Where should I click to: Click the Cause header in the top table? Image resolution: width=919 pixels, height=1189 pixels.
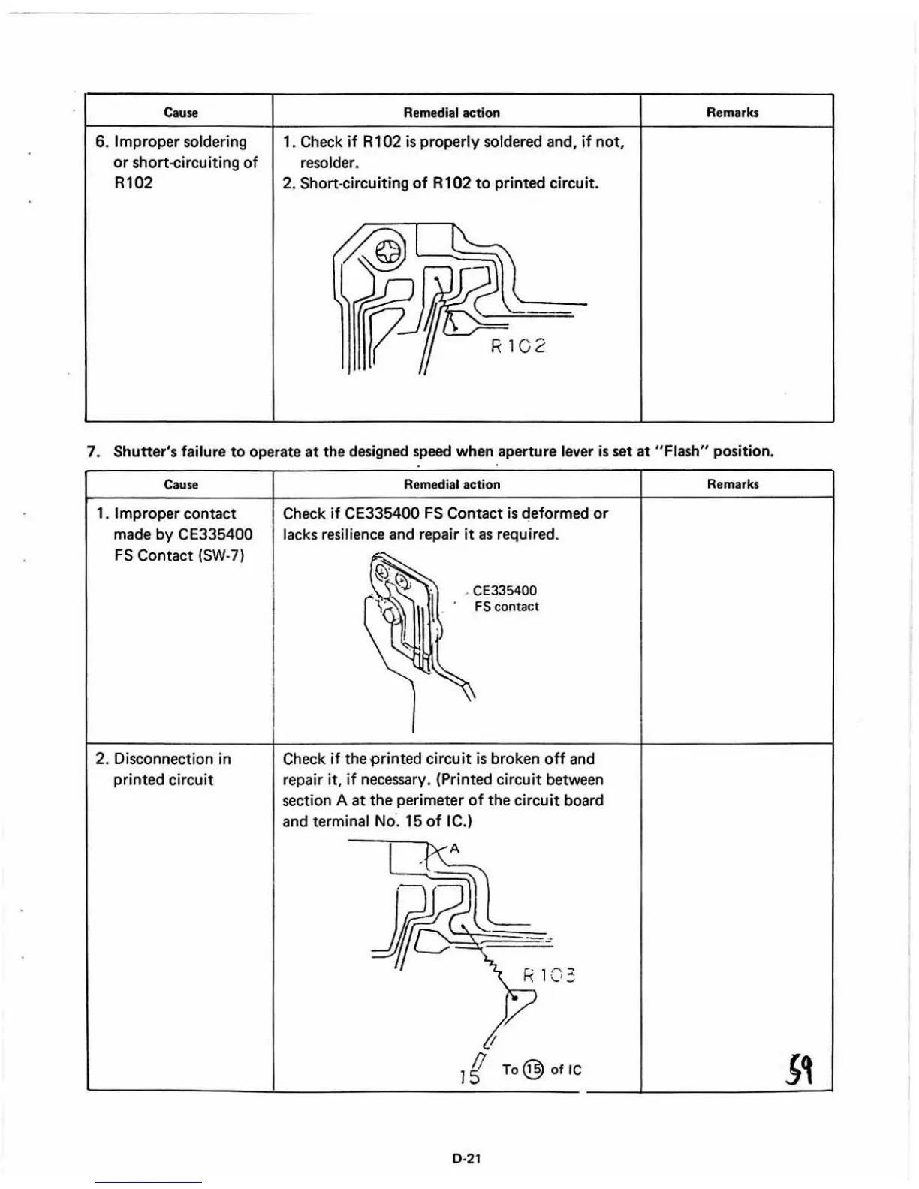click(180, 113)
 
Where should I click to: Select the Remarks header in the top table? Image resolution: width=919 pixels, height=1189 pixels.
click(732, 113)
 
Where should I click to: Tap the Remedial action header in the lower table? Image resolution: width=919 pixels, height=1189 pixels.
click(452, 485)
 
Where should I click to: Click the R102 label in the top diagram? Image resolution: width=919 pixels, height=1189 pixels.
click(518, 346)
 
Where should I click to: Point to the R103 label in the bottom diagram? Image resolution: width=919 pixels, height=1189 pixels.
click(549, 976)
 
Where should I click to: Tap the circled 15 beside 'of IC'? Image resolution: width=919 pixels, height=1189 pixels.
click(532, 1070)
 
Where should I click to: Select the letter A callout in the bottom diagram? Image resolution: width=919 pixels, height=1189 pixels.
click(453, 850)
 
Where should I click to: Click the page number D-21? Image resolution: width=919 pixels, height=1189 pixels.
click(466, 1158)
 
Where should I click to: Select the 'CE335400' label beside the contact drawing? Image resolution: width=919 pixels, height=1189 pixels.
click(505, 591)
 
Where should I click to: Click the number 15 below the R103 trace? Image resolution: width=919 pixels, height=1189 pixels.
click(469, 1076)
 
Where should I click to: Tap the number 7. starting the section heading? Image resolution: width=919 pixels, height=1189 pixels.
click(94, 451)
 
